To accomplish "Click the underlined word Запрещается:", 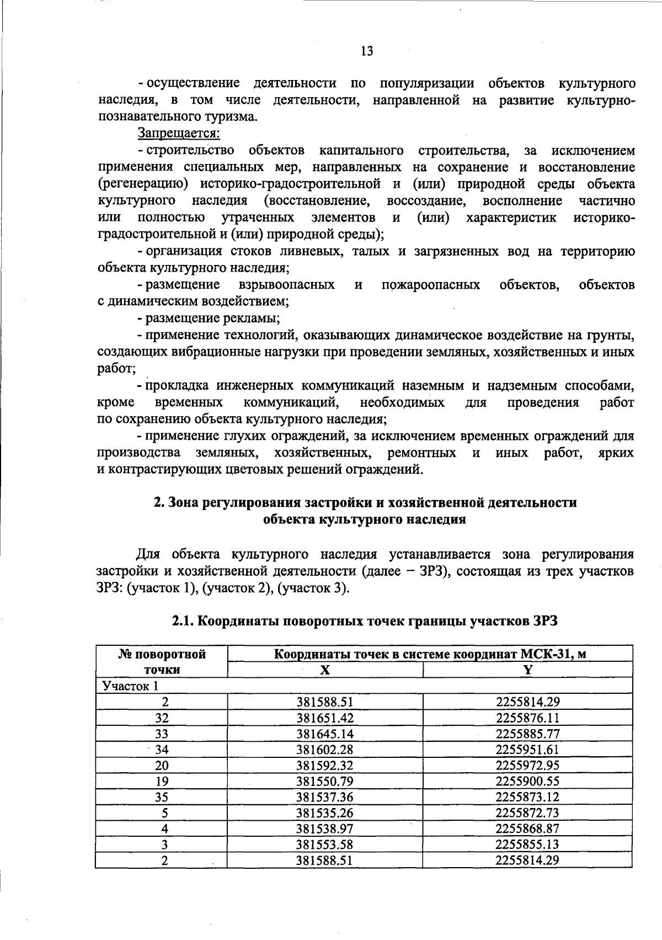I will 179,133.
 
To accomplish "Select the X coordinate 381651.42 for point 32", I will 325,718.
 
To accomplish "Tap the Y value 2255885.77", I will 528,734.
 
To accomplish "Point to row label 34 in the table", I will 162,750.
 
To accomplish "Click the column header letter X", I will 325,670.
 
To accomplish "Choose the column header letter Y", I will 528,670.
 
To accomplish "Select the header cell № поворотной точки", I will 162,662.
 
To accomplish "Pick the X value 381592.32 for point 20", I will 325,766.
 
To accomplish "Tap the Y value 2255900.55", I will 528,781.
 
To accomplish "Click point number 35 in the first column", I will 162,797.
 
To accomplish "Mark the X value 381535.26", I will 325,813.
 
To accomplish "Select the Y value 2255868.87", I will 528,829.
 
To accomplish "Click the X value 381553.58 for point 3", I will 325,845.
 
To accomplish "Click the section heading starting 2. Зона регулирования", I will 365,502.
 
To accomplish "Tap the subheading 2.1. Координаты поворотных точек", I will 365,621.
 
